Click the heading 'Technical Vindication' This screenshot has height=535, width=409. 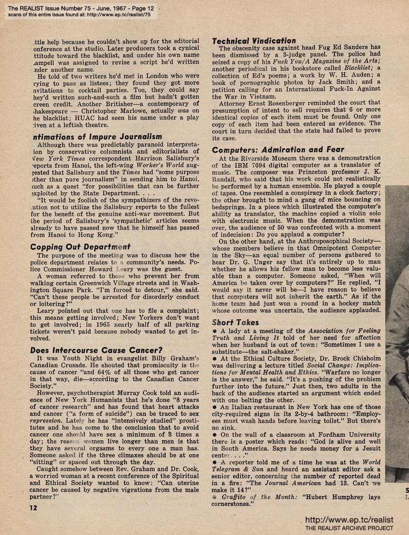click(254, 41)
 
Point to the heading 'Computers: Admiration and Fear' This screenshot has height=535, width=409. click(278, 149)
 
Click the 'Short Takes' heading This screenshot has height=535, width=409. click(236, 322)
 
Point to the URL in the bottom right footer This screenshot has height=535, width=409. click(349, 520)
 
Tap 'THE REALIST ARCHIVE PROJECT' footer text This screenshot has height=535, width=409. click(349, 528)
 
